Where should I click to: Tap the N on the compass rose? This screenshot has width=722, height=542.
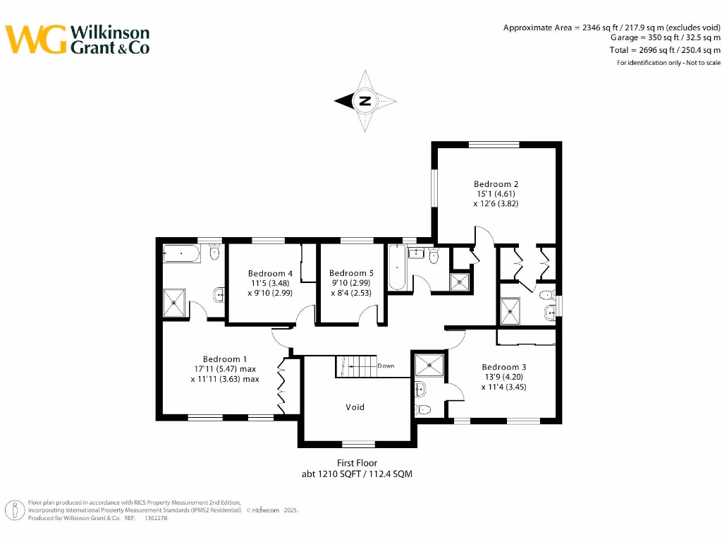click(365, 101)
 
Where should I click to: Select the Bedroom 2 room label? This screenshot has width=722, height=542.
click(496, 184)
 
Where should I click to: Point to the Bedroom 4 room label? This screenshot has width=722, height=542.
click(270, 273)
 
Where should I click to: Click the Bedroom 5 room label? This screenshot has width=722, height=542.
click(351, 273)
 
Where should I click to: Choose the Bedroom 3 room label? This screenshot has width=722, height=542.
click(503, 367)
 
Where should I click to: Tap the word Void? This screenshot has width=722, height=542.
click(355, 407)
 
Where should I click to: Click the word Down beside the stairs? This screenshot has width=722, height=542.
click(386, 366)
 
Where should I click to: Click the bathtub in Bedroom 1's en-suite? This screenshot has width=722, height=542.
click(182, 253)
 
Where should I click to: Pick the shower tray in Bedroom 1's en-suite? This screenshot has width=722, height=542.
click(176, 302)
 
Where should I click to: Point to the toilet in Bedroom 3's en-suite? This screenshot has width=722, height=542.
click(424, 409)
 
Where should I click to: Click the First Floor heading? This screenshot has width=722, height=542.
click(357, 463)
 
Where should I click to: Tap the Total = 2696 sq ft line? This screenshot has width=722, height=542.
click(664, 50)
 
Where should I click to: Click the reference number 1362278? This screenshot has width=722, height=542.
click(155, 518)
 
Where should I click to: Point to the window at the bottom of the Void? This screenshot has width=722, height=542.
click(357, 444)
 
